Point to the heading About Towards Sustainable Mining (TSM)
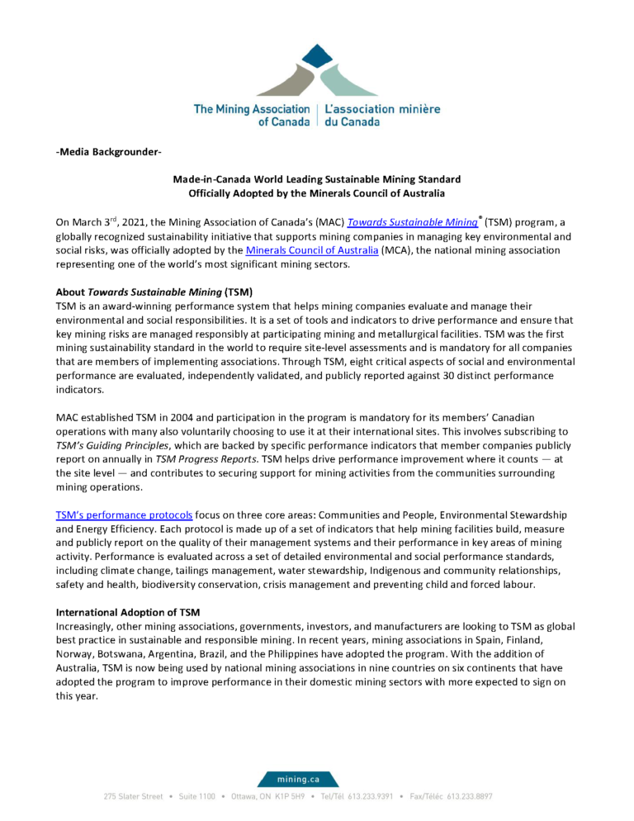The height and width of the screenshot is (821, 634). click(154, 292)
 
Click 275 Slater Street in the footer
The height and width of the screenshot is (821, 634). click(133, 796)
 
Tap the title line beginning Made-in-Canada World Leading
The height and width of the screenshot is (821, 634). click(316, 179)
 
